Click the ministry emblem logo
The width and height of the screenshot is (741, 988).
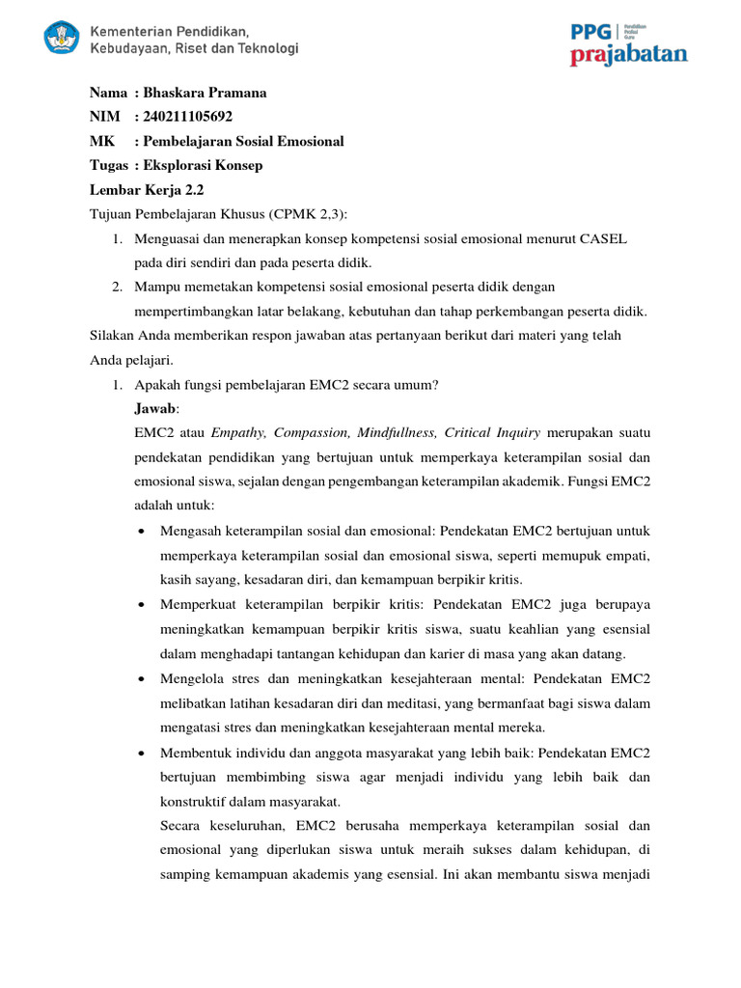coord(63,39)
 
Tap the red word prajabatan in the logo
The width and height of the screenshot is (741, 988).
coord(628,55)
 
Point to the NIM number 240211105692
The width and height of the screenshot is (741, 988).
coord(188,117)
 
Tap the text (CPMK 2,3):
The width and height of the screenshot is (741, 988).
coord(308,213)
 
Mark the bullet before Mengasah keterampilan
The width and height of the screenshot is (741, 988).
coord(142,532)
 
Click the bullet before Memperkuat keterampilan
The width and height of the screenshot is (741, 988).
coord(142,605)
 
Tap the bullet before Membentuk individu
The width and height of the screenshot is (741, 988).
coord(142,752)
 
